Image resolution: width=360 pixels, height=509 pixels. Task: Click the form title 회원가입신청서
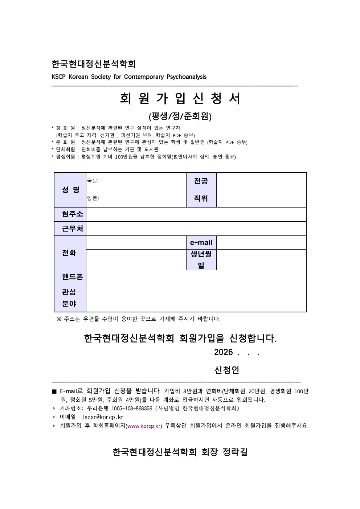click(x=180, y=98)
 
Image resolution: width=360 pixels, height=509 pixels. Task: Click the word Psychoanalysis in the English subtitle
click(x=187, y=77)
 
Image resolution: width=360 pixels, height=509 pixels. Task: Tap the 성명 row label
click(x=70, y=190)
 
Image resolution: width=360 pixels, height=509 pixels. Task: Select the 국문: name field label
click(x=93, y=181)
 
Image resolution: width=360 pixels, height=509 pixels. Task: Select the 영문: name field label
click(x=93, y=198)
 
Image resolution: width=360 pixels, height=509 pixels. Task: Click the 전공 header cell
click(x=201, y=181)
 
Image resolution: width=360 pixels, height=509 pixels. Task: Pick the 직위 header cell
click(x=201, y=198)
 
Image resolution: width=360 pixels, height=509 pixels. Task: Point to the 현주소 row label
click(x=72, y=214)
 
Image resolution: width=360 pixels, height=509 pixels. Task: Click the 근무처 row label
click(x=72, y=229)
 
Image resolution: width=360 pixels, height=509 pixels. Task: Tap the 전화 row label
click(x=69, y=253)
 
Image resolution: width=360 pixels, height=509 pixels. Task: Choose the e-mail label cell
click(x=201, y=243)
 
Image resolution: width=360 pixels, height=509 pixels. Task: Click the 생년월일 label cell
click(x=201, y=260)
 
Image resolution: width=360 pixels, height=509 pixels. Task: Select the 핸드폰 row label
click(x=72, y=277)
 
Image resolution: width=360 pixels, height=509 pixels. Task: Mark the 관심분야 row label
click(x=69, y=298)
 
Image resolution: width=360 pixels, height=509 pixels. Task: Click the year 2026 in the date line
click(x=223, y=352)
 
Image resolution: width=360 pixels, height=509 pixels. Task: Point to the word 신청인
click(x=227, y=370)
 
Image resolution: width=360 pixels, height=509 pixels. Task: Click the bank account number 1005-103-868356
click(x=132, y=409)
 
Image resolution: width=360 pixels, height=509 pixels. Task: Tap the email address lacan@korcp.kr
click(x=103, y=417)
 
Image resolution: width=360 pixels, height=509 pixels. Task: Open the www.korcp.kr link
click(x=144, y=426)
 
